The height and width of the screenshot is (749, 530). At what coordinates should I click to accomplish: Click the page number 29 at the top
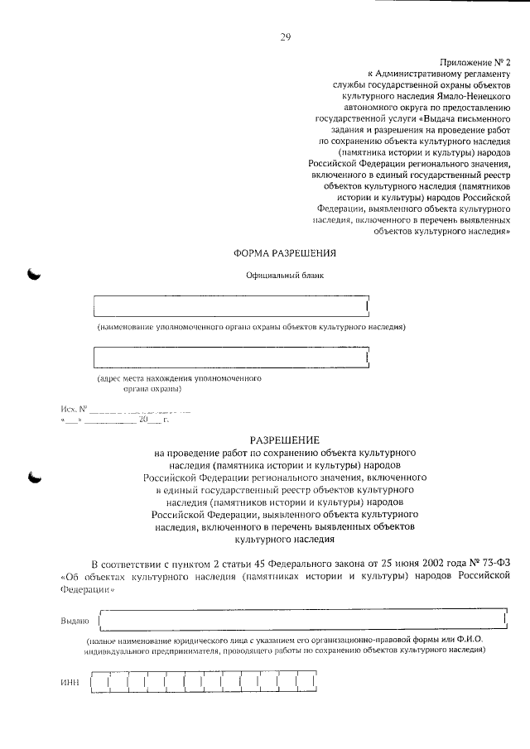tap(285, 36)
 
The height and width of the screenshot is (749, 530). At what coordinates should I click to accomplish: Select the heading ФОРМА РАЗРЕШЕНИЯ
tap(286, 252)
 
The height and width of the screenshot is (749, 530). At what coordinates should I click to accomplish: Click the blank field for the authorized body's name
tap(231, 306)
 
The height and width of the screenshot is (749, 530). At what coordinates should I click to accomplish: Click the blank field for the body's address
tap(231, 357)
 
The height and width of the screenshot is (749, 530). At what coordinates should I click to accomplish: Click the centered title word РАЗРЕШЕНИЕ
tap(285, 441)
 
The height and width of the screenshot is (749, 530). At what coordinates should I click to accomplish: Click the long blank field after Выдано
tap(301, 619)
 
